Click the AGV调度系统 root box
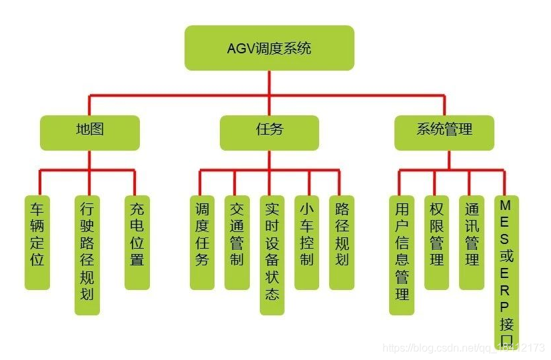(269, 48)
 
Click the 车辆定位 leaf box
(37, 242)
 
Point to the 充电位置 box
(137, 242)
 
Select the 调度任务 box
(202, 242)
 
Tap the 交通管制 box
(237, 242)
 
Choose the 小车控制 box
(306, 242)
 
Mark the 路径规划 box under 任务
(342, 242)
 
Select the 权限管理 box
(436, 242)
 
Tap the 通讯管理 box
(472, 242)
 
